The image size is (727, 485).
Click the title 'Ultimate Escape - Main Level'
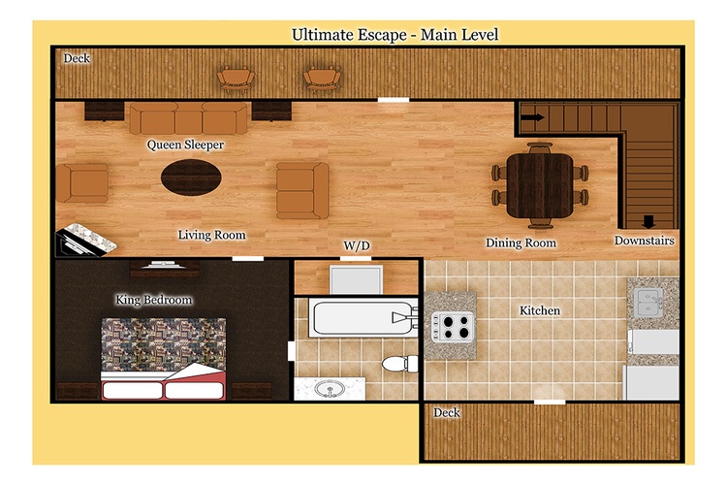[x=395, y=35]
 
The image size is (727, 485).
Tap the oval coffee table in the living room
[x=191, y=178]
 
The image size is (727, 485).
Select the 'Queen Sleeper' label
[x=185, y=145]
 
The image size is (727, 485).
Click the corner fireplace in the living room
[x=85, y=240]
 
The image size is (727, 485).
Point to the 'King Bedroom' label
[x=153, y=300]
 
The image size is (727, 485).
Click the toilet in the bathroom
[x=400, y=364]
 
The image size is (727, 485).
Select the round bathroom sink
[x=330, y=388]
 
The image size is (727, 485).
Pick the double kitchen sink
[x=648, y=303]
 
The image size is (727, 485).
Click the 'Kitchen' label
[x=540, y=310]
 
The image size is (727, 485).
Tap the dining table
[x=540, y=185]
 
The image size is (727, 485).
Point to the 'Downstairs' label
[x=644, y=241]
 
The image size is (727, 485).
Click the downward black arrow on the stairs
[x=648, y=222]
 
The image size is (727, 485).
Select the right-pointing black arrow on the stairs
[x=533, y=117]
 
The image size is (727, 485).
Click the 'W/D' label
[x=357, y=245]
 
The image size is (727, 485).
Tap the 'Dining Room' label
[x=521, y=242]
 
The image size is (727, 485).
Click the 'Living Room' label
[x=211, y=236]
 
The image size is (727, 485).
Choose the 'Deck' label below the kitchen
[x=447, y=412]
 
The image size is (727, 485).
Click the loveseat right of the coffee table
[x=302, y=191]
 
